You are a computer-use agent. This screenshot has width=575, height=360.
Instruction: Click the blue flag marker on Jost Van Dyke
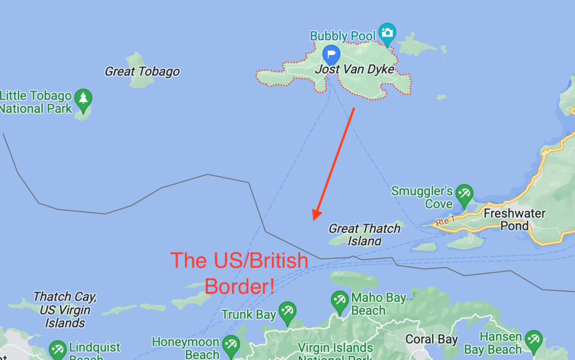[331, 54]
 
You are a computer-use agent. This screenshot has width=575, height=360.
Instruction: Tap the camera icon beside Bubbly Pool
[387, 33]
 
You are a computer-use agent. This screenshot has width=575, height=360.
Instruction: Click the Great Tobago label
[142, 71]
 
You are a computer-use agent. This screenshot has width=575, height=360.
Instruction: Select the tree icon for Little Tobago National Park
[83, 98]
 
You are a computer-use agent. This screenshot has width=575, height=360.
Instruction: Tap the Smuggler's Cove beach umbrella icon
[464, 194]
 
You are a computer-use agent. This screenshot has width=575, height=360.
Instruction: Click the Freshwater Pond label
[514, 220]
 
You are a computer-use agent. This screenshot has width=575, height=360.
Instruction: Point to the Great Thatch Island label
[364, 234]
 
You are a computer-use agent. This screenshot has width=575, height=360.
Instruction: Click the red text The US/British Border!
[239, 273]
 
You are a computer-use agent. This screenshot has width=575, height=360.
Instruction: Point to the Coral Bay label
[431, 339]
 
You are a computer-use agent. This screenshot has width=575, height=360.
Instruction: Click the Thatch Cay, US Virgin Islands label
[65, 309]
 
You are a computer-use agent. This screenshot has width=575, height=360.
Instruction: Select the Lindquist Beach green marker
[57, 349]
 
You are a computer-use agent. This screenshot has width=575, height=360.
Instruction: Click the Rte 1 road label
[446, 221]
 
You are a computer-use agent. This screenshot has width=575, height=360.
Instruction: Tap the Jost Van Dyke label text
[354, 70]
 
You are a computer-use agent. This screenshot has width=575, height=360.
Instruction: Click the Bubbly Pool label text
[343, 36]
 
